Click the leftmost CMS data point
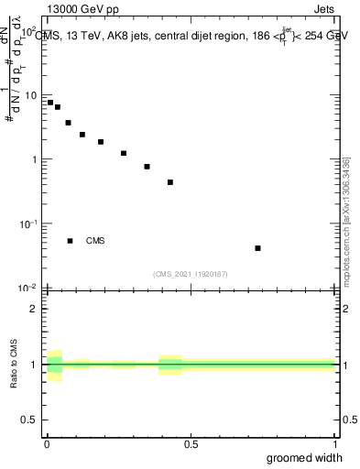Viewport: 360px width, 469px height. point(50,103)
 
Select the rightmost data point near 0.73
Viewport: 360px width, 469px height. point(258,248)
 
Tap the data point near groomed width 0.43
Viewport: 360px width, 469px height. point(170,182)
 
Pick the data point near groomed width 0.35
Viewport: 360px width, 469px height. point(147,167)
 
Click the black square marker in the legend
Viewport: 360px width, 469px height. point(71,241)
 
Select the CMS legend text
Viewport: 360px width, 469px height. point(95,241)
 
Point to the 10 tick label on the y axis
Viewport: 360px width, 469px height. point(30,95)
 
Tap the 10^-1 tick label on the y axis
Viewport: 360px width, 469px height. point(28,224)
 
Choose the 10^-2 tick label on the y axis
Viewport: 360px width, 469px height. point(28,288)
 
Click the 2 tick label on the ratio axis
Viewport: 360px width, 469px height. point(34,309)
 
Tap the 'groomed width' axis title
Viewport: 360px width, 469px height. point(305,458)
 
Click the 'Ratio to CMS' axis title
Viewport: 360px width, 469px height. point(15,365)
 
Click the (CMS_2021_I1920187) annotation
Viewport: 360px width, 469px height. point(191,274)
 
